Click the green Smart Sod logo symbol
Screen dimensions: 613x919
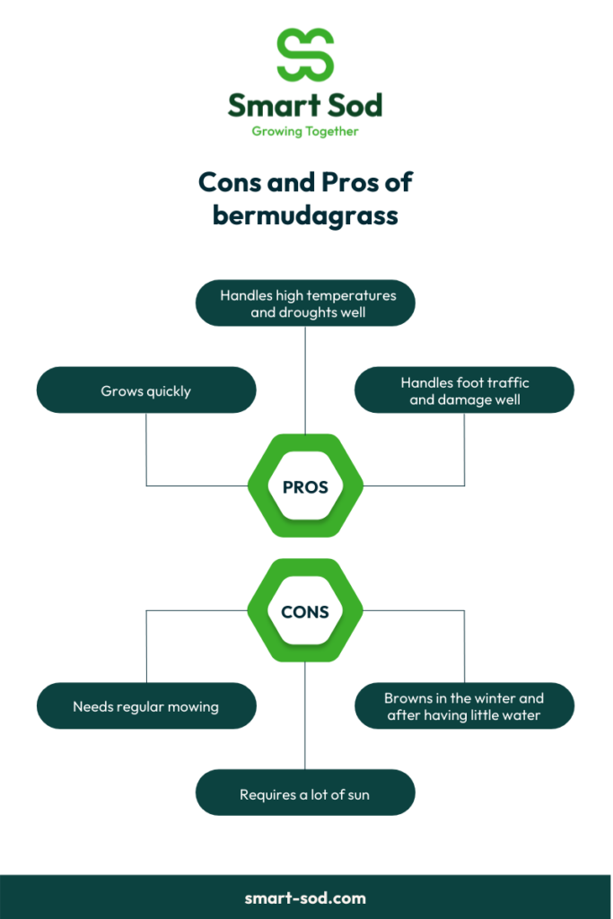click(x=305, y=55)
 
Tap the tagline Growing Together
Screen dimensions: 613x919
click(x=305, y=131)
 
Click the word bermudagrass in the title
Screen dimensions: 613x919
click(x=305, y=215)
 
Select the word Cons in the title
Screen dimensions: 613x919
click(x=230, y=182)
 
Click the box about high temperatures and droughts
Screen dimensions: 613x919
click(x=305, y=303)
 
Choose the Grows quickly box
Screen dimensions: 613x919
click(x=146, y=390)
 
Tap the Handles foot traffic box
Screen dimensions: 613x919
click(x=464, y=390)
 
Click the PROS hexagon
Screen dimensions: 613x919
click(x=305, y=486)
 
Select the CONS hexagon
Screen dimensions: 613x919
click(x=305, y=610)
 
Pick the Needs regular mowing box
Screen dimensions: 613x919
click(x=146, y=705)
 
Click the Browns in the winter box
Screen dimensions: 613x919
click(x=464, y=705)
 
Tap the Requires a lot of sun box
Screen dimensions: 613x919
click(x=305, y=792)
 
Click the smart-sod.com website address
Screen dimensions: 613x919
click(x=305, y=897)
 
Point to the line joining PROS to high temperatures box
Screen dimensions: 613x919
click(x=305, y=381)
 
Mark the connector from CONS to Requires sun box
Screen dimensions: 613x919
click(x=305, y=715)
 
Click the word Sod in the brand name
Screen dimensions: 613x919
click(x=355, y=106)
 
